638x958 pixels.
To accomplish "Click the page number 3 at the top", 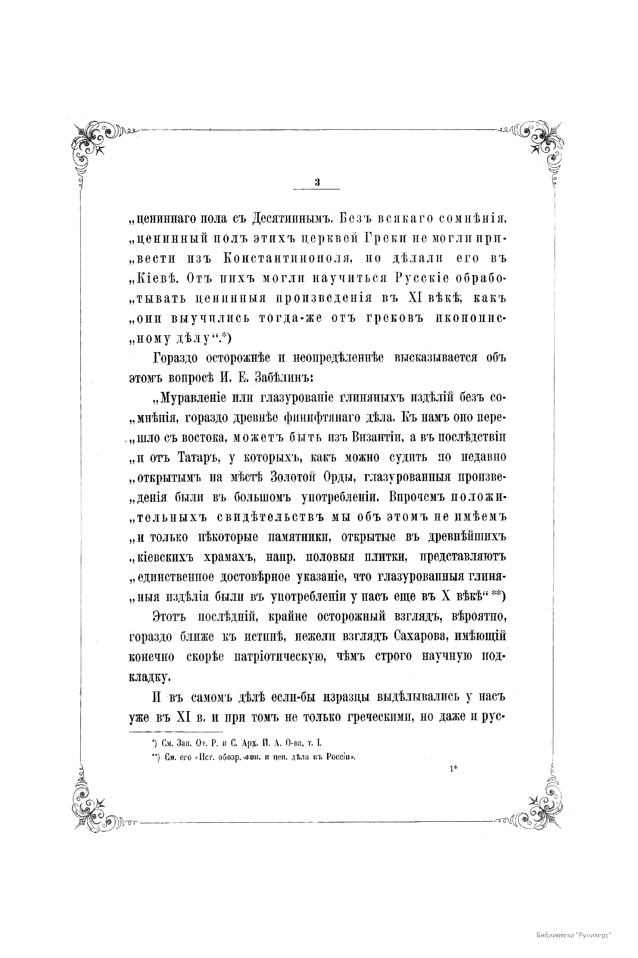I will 317,182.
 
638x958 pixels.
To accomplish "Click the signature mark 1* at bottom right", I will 452,768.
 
